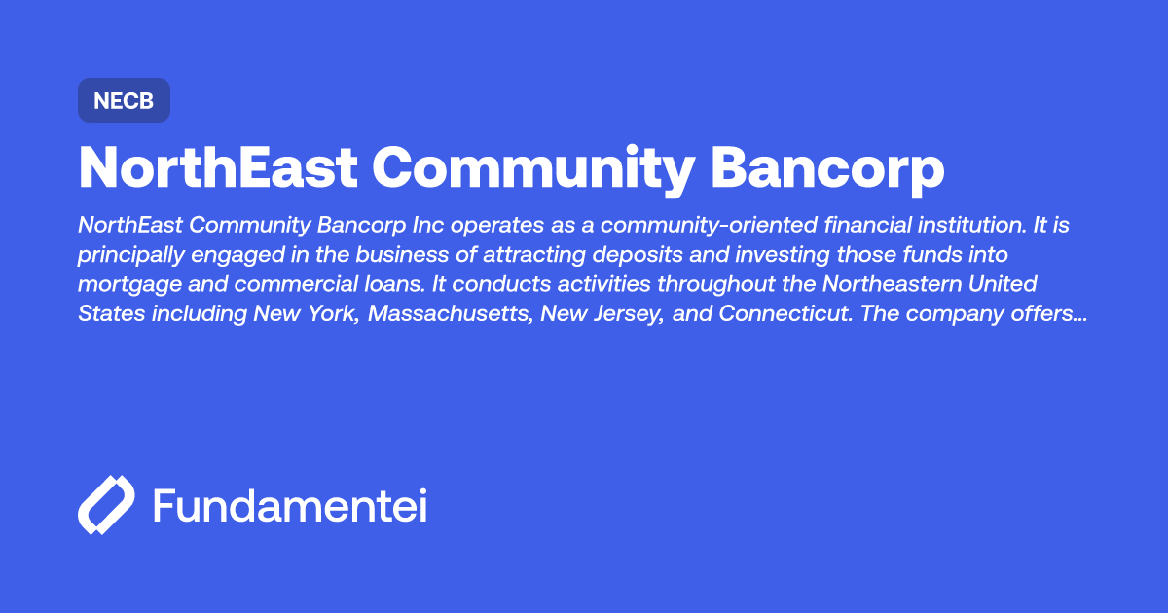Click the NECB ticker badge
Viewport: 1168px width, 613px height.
pos(124,100)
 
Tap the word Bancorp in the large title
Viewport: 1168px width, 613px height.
pos(827,168)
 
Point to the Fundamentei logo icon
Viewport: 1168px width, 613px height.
pos(105,506)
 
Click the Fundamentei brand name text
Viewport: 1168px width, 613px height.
pos(290,506)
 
